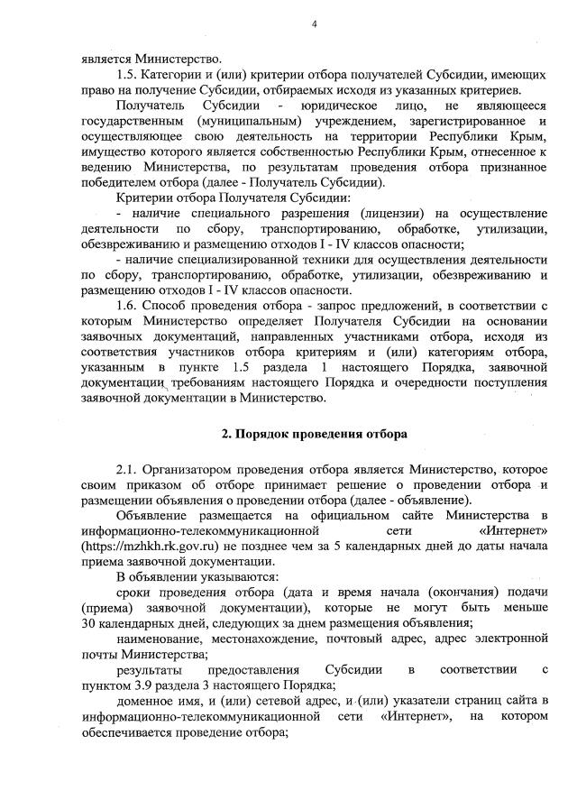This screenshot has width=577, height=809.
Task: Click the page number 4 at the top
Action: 314,24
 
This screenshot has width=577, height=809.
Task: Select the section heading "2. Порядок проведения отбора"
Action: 315,433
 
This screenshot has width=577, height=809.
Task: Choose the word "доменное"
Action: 144,703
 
